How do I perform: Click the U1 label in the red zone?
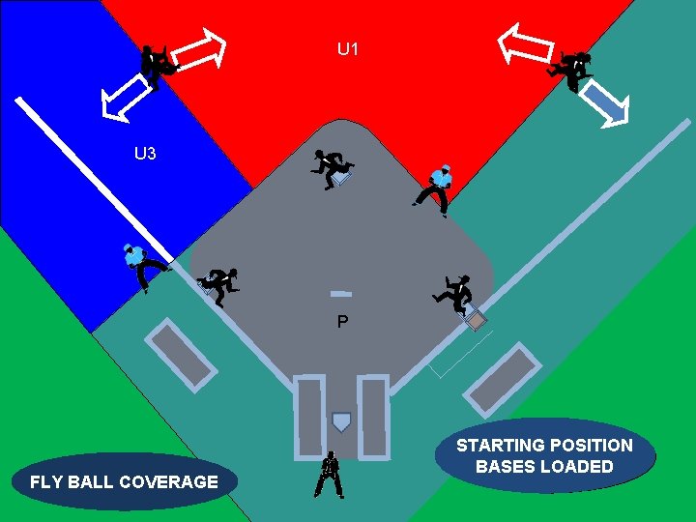pos(348,48)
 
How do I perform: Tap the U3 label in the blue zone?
pos(145,153)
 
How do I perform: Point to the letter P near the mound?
pos(342,322)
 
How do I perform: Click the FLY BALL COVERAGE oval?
pos(124,481)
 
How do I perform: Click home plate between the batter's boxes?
pos(340,422)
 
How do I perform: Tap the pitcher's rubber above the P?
pos(340,293)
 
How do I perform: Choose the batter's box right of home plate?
pos(373,416)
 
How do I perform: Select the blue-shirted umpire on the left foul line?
pos(140,266)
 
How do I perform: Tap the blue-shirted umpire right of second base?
pos(435,188)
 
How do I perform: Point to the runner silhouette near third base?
pos(220,284)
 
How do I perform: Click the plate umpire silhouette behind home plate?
pos(330,475)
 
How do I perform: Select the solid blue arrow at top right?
pos(608,102)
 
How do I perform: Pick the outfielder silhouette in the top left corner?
pos(159,66)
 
